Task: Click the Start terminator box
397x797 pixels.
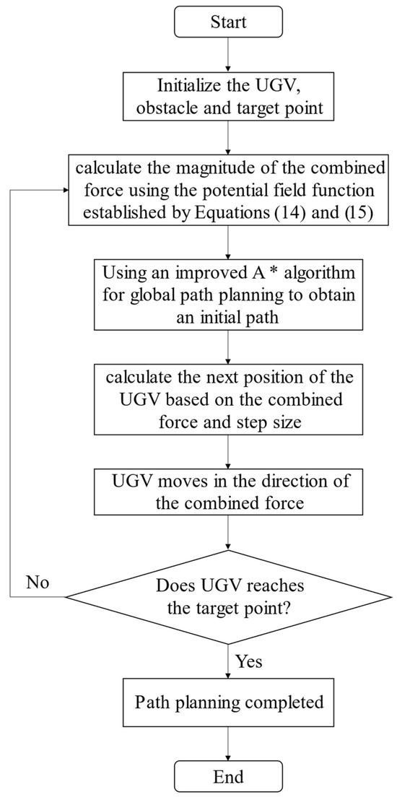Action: (x=228, y=22)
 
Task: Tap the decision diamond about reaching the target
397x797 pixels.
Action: (x=228, y=597)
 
